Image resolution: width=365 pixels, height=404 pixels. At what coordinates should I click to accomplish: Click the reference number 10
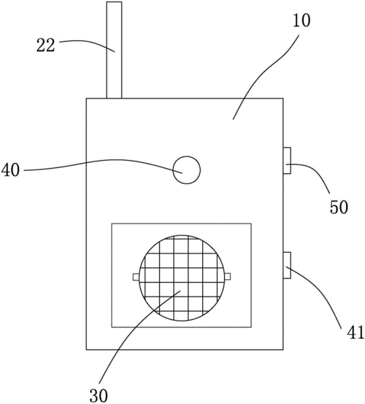[301, 20]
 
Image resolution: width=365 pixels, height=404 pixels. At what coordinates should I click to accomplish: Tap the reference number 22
[46, 45]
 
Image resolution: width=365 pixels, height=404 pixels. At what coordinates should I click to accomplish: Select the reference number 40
[10, 170]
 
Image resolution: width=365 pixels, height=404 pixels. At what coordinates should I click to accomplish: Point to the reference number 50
[339, 207]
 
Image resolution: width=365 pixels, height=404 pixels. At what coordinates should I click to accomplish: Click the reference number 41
[356, 332]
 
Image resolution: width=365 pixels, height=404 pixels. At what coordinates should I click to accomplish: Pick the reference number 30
[99, 395]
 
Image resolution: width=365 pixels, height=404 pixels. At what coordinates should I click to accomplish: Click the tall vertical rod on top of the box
[114, 50]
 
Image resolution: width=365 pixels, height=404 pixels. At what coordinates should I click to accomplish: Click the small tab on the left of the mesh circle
[136, 277]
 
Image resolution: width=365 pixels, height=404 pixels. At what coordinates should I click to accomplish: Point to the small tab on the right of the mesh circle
[228, 277]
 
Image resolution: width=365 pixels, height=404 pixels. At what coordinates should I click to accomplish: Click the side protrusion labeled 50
[287, 161]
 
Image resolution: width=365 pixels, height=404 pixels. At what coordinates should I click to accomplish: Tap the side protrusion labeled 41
[287, 265]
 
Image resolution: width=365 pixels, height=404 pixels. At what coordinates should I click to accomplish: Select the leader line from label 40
[103, 161]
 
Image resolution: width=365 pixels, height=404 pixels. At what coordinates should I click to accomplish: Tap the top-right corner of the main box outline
[283, 99]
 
